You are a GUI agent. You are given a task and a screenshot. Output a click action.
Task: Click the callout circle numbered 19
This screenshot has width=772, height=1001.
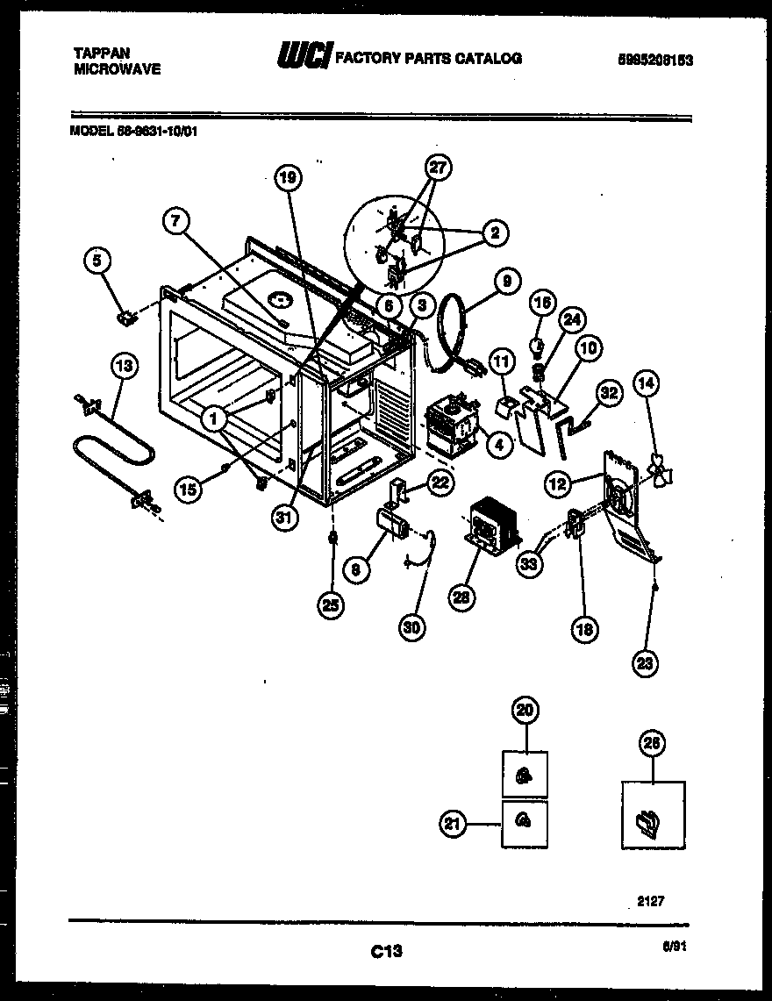coord(287,179)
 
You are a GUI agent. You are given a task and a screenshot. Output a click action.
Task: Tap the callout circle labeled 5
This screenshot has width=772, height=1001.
coord(98,260)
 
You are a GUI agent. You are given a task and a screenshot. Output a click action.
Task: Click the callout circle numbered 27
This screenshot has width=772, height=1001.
coord(438,168)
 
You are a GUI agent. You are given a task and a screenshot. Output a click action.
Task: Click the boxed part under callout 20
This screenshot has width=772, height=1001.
coord(524,774)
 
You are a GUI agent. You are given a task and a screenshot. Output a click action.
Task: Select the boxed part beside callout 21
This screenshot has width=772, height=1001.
coord(524,822)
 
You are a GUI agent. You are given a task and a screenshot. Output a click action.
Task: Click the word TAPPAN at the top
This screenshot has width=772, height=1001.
coord(96,53)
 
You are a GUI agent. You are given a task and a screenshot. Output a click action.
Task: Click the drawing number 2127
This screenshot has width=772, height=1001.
coord(663,899)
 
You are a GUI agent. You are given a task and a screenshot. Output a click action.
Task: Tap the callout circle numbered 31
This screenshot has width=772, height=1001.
coord(282,517)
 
